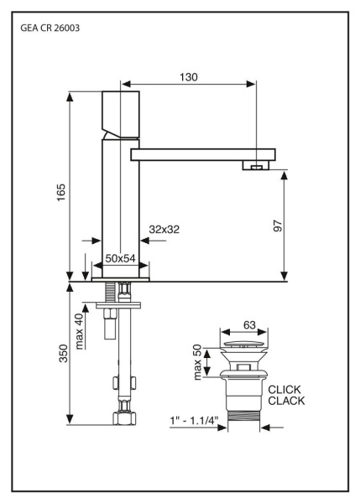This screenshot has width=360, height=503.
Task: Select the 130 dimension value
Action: click(188, 76)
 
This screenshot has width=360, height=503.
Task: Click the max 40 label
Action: click(80, 331)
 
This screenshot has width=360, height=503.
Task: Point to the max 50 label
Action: click(201, 360)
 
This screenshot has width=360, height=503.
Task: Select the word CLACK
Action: click(287, 402)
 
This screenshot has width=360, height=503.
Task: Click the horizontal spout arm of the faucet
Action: click(201, 154)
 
